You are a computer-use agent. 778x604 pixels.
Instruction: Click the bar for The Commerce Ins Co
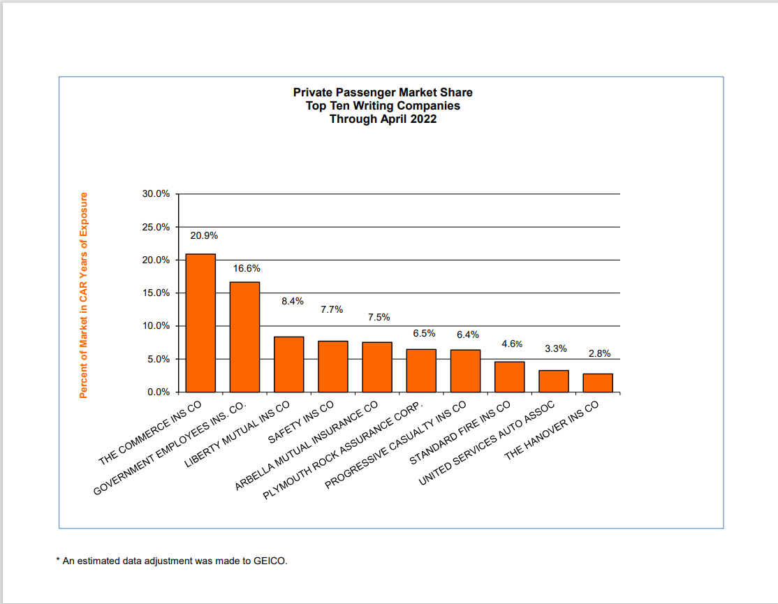point(200,323)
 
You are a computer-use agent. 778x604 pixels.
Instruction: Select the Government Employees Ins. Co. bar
point(244,337)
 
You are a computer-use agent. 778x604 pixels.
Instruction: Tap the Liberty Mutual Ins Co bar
point(288,364)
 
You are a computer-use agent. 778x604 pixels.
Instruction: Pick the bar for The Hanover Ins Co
point(598,383)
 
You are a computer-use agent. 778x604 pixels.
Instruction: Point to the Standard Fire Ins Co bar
point(509,377)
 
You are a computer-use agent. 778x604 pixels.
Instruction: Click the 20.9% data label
point(204,235)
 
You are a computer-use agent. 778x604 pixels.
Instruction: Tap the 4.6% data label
point(512,344)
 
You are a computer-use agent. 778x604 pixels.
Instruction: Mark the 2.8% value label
point(600,354)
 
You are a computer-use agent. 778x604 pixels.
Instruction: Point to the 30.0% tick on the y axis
point(156,194)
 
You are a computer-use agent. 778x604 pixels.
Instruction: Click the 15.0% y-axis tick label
point(156,293)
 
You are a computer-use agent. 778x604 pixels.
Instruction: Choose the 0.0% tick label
point(158,392)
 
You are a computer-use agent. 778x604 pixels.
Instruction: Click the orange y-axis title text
point(83,295)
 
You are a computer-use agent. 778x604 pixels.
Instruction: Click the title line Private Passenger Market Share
point(383,92)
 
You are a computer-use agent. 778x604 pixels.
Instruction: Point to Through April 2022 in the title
point(383,119)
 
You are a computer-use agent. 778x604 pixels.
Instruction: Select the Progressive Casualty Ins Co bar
point(465,371)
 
